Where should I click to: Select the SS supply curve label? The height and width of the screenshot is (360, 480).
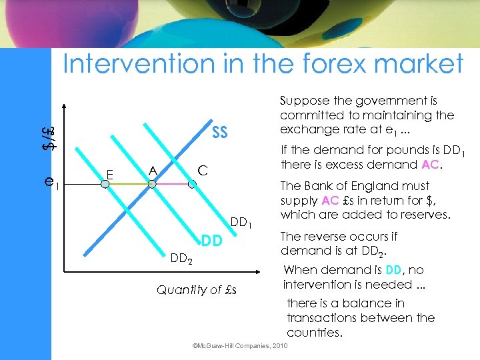point(219,133)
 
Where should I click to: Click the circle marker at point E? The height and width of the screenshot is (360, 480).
point(105,185)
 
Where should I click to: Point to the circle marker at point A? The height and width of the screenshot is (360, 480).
point(152,185)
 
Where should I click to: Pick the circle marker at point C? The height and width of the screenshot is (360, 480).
point(192,185)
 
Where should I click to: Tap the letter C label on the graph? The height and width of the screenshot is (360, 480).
point(203,171)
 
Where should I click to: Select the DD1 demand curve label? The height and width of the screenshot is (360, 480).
point(241,222)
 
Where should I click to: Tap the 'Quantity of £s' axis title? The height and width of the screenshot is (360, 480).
point(197,290)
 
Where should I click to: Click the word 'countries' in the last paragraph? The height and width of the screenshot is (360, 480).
point(314,332)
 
